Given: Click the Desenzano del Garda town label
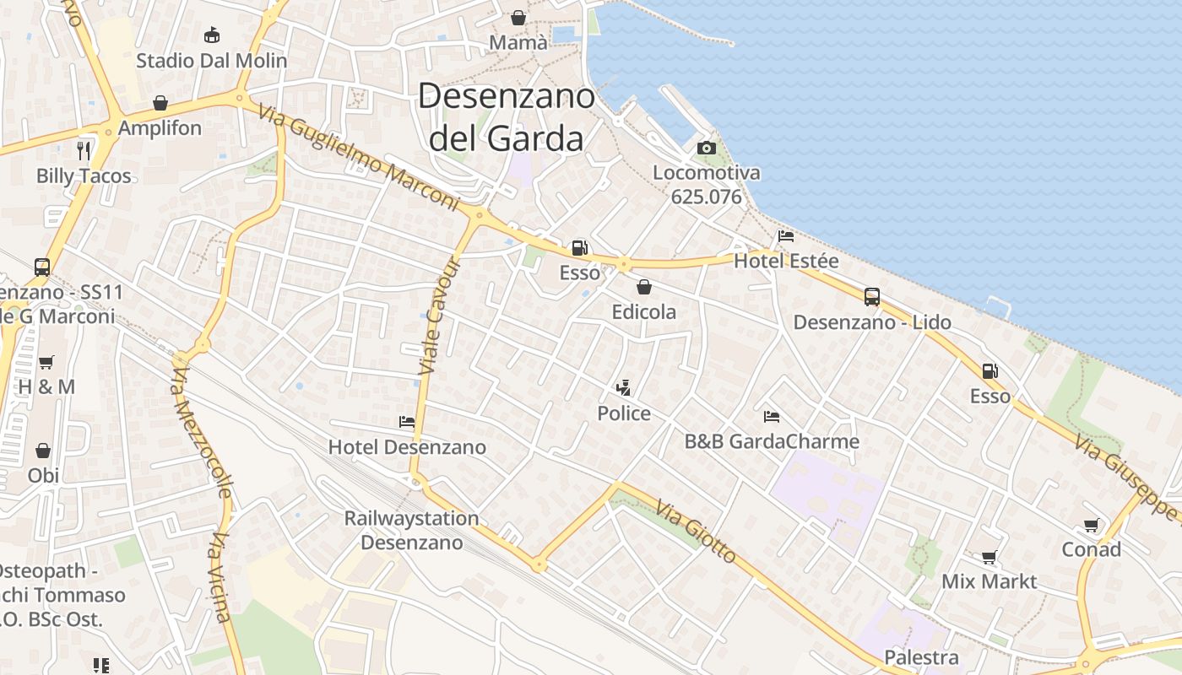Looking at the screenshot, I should coord(507,117).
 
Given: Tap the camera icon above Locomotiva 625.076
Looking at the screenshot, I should coord(707,148).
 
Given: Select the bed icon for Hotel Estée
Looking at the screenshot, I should coord(786,236).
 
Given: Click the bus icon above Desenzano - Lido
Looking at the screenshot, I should coord(872,297).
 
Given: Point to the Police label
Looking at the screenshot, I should coord(624,413).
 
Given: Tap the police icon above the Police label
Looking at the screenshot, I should coord(624,389).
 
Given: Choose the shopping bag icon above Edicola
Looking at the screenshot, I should coord(644,287).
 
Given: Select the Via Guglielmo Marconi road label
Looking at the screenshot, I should coord(359,157).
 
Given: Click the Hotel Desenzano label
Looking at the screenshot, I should coord(407,447).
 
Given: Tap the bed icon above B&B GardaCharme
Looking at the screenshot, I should coord(771,417).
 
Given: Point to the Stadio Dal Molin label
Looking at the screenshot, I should coord(212,61).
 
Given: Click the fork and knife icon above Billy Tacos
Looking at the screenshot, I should coord(84,151).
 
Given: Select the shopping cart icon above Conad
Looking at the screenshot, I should coord(1092,526).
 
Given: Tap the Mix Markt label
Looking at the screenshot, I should coord(989,581).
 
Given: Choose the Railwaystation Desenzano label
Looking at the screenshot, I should coord(412,530).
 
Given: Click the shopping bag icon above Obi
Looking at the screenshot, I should coord(43,451).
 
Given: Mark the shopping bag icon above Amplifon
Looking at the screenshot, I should coord(160,103).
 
